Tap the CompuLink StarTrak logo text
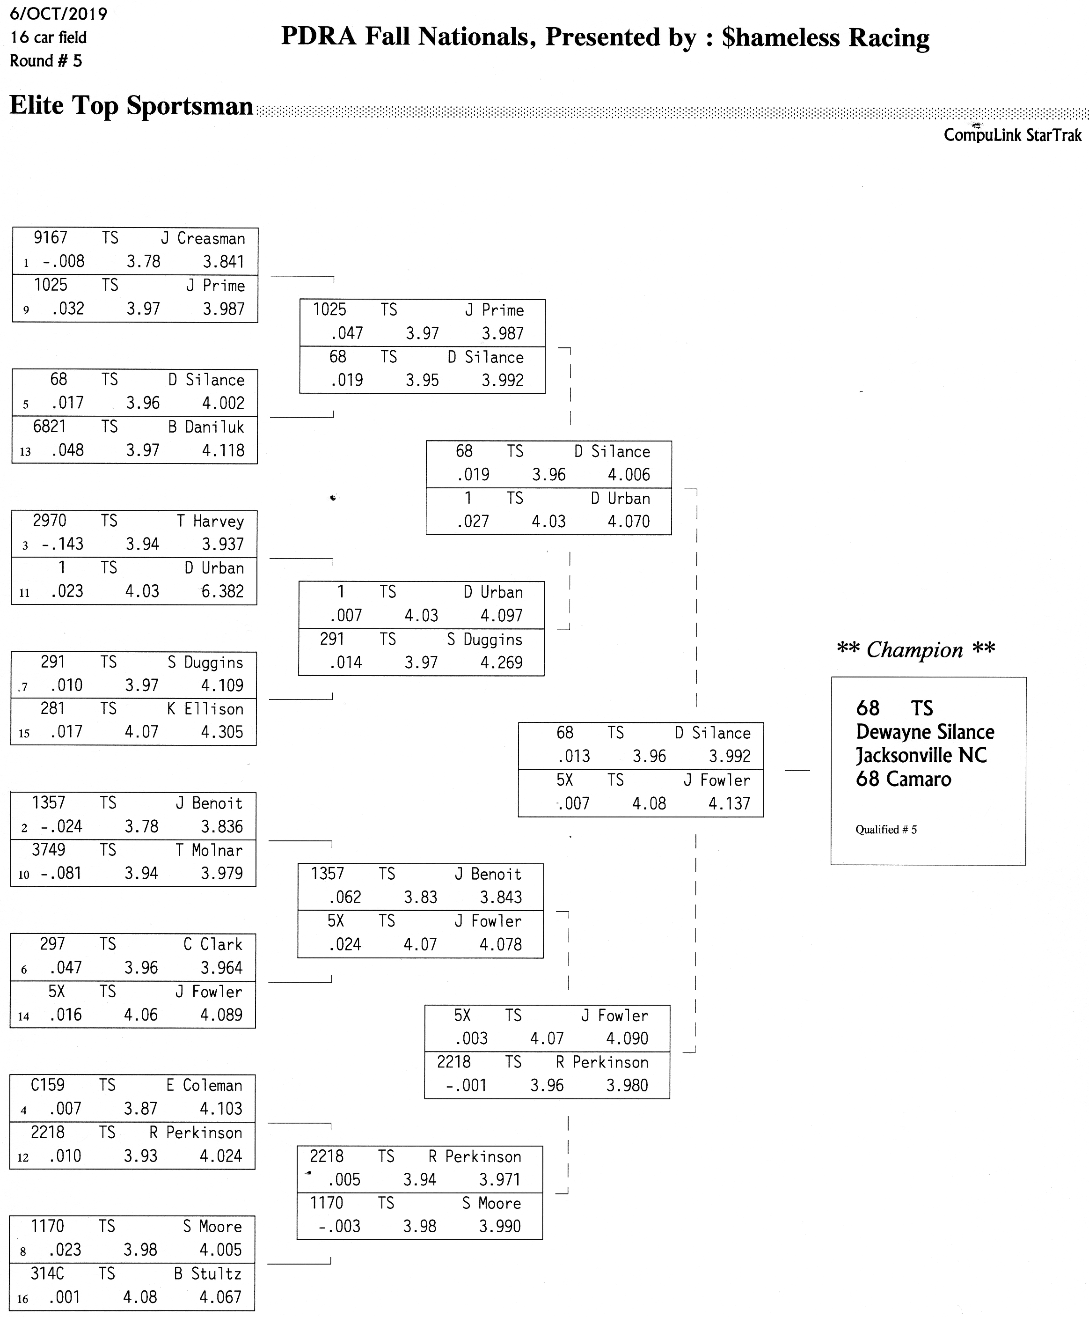click(x=1013, y=135)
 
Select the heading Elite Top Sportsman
click(x=131, y=105)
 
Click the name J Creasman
click(x=203, y=238)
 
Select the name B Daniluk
click(x=205, y=427)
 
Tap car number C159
click(x=48, y=1085)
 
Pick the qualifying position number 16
click(x=22, y=1299)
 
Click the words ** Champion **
click(x=916, y=650)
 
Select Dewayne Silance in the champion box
click(x=925, y=732)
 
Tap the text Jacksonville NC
click(x=921, y=756)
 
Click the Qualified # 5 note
click(x=886, y=830)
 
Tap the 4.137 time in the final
click(x=729, y=803)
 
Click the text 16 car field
click(x=48, y=37)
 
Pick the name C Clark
click(x=212, y=944)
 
